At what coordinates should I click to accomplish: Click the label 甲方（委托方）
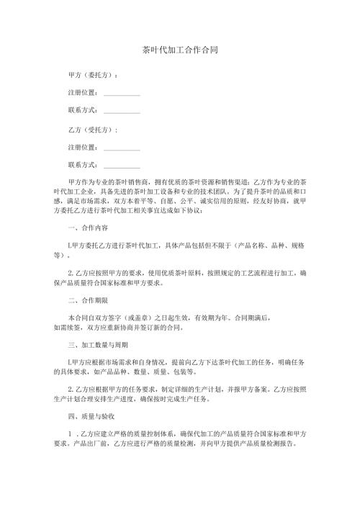point(93,75)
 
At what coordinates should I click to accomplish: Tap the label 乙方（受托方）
point(93,130)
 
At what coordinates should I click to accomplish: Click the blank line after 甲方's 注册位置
point(122,93)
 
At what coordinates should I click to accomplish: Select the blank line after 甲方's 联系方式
point(122,111)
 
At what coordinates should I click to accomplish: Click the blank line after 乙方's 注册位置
point(122,148)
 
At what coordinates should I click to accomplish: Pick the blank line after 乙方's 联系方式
point(122,166)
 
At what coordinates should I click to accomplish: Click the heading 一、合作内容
point(87,228)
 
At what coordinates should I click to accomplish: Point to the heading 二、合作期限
point(87,301)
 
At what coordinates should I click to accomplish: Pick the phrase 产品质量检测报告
point(275,446)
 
